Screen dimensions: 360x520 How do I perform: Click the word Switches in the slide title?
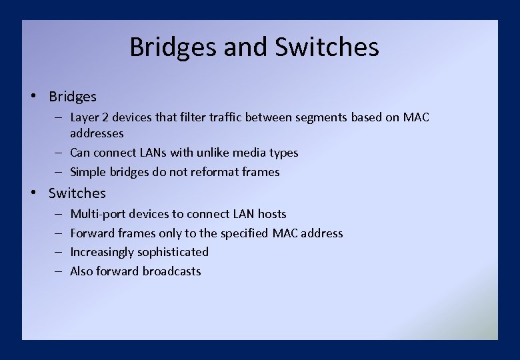[327, 47]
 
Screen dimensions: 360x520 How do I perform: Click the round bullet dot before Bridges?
[33, 96]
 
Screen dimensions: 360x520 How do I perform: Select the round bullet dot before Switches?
[33, 193]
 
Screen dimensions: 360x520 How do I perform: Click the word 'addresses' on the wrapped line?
[97, 133]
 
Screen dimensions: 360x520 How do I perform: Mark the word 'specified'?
[243, 233]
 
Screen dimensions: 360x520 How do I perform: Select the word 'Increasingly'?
[102, 252]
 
